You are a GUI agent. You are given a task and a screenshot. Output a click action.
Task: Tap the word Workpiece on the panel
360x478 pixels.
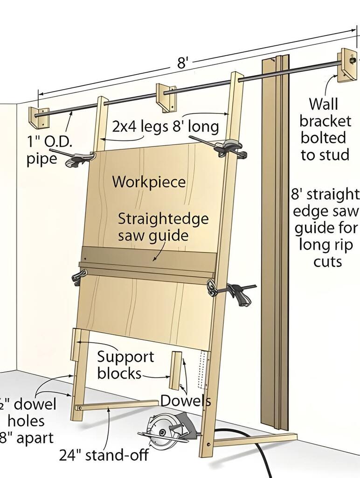tap(149, 182)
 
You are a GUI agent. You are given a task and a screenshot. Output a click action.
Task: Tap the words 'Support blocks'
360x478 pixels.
tap(125, 365)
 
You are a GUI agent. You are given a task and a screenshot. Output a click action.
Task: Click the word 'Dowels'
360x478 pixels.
tap(186, 401)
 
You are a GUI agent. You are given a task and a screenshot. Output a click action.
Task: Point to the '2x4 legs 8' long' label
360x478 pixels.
tap(165, 127)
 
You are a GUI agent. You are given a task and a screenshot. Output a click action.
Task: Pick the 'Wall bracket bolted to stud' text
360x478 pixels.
tap(325, 129)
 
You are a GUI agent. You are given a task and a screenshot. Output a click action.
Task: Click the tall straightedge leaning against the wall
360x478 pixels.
tap(275, 243)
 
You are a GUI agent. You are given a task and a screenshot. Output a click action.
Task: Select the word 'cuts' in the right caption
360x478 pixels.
tap(327, 261)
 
